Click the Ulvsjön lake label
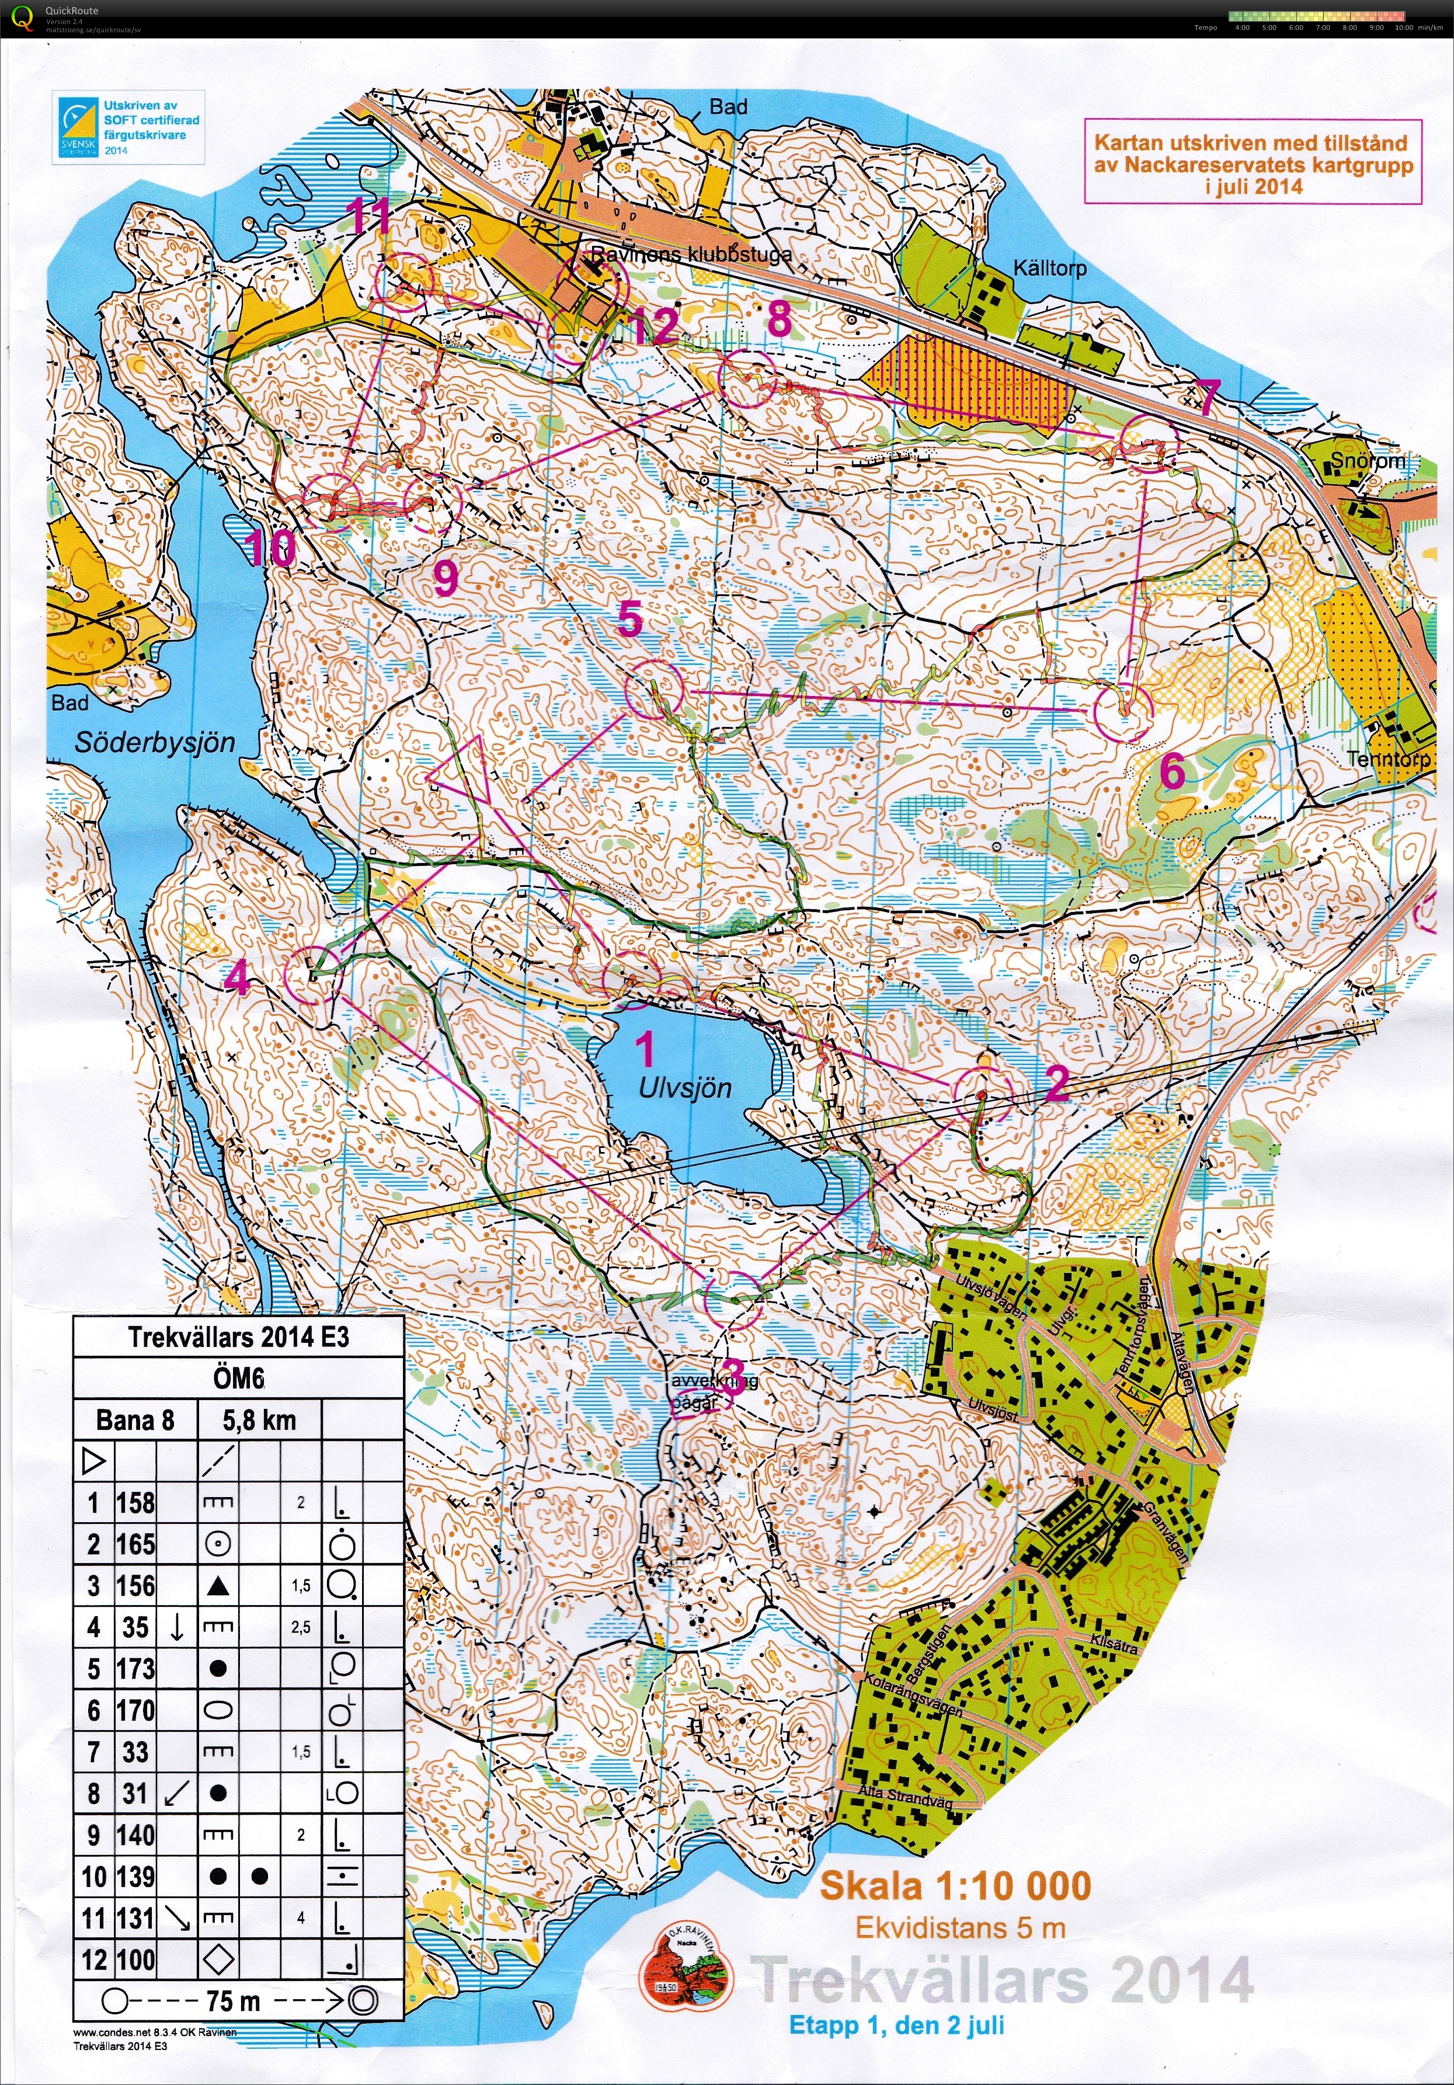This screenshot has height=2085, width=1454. pos(685,1088)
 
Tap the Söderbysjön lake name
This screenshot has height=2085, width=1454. pos(154,743)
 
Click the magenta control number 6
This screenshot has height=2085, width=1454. pos(1173,772)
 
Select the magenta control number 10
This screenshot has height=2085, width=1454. pos(270,548)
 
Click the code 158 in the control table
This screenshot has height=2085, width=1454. pos(135,1503)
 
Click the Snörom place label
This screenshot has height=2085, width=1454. pos(1367,461)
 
